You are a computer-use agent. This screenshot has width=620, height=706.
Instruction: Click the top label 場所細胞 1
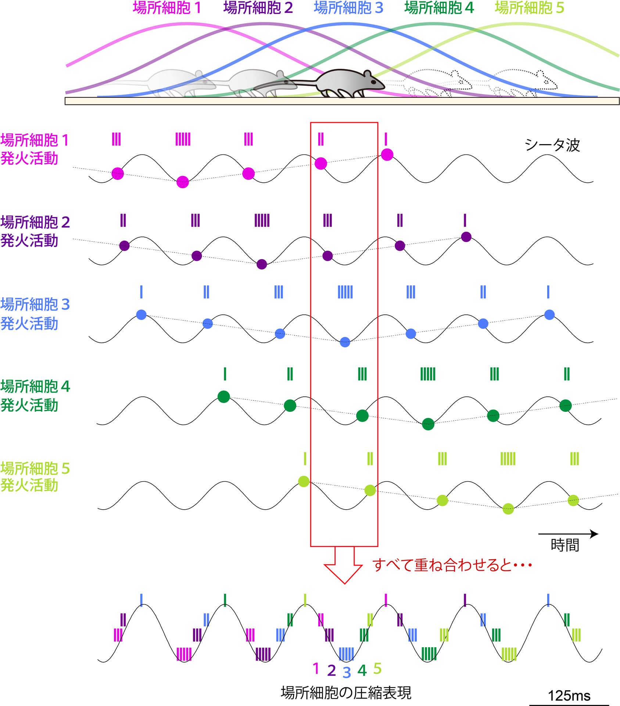tap(167, 8)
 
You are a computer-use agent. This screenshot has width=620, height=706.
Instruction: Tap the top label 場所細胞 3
tap(348, 8)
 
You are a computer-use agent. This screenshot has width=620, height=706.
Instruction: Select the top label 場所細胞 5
tap(529, 8)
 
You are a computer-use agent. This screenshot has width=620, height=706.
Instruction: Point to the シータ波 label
tap(552, 145)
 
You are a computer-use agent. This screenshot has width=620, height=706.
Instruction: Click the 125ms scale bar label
tap(569, 696)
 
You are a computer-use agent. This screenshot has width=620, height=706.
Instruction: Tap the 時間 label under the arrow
tap(565, 545)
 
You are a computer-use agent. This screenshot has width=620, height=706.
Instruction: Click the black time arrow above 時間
tap(568, 534)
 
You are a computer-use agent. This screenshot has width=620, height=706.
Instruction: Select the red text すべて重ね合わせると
tap(452, 565)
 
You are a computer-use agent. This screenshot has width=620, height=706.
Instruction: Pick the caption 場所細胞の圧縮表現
tap(346, 693)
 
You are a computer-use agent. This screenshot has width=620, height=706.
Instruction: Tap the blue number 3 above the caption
tap(347, 672)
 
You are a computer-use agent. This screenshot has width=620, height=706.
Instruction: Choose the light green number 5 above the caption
tap(377, 668)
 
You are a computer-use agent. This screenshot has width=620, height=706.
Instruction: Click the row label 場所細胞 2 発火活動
tap(35, 231)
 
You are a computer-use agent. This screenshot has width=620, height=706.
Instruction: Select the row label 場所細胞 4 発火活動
tap(35, 396)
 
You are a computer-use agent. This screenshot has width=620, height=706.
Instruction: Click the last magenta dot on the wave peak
tap(387, 154)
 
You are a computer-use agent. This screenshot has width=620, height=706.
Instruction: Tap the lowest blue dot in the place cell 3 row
tap(345, 342)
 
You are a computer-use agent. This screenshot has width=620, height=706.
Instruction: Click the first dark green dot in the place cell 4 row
tap(223, 397)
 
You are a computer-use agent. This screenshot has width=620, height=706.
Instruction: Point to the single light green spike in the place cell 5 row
tap(305, 459)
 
